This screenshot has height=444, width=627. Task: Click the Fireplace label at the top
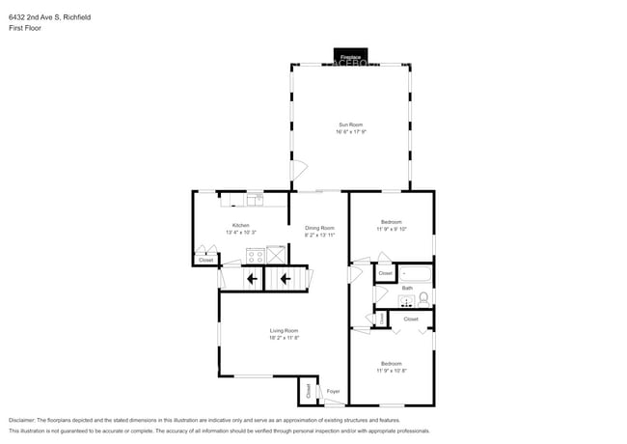[x=350, y=57]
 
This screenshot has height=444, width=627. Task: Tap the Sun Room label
[x=350, y=125]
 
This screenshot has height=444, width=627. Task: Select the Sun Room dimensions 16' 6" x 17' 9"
[x=350, y=132]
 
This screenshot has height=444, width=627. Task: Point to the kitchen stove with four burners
[x=256, y=256]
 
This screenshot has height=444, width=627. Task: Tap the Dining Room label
[x=319, y=228]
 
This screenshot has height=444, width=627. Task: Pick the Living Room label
[x=284, y=331]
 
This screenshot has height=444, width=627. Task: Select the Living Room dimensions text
[x=284, y=338]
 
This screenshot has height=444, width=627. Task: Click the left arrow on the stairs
[x=252, y=280]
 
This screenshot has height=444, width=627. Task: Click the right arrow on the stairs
[x=285, y=280]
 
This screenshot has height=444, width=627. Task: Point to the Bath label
[x=407, y=288]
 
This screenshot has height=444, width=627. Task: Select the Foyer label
[x=333, y=391]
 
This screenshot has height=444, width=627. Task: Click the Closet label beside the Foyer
[x=309, y=391]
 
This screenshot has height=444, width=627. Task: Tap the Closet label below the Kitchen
[x=205, y=260]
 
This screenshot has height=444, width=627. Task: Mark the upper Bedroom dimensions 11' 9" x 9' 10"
[x=391, y=228]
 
